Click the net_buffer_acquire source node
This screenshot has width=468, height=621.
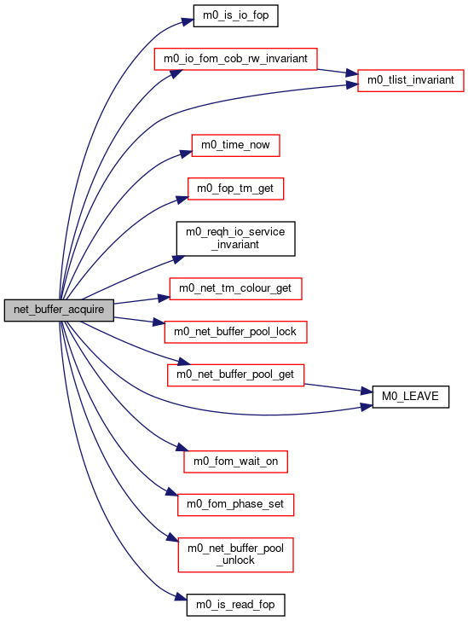[59, 310]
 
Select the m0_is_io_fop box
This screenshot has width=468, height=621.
[235, 16]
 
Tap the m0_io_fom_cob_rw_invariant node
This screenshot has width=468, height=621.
[235, 59]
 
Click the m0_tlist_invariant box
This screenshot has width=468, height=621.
[411, 81]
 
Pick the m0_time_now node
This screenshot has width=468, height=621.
[235, 145]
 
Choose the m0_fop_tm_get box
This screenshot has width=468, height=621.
[235, 189]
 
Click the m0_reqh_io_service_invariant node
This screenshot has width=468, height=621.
[235, 239]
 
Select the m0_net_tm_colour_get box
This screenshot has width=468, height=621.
[235, 288]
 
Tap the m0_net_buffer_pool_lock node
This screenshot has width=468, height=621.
[235, 332]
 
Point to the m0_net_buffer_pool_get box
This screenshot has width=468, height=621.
[235, 375]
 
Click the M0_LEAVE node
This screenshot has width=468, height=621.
[411, 397]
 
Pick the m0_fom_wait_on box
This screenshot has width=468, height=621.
[235, 461]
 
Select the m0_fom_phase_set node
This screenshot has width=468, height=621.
[235, 505]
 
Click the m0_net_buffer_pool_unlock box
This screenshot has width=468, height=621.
[235, 554]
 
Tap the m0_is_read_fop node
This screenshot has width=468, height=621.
[235, 605]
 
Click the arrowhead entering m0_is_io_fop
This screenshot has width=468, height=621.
[188, 20]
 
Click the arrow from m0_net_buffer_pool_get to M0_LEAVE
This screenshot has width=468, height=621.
[338, 388]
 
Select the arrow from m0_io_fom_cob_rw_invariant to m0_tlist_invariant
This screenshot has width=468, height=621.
[338, 72]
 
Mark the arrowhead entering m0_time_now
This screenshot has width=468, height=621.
[186, 154]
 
